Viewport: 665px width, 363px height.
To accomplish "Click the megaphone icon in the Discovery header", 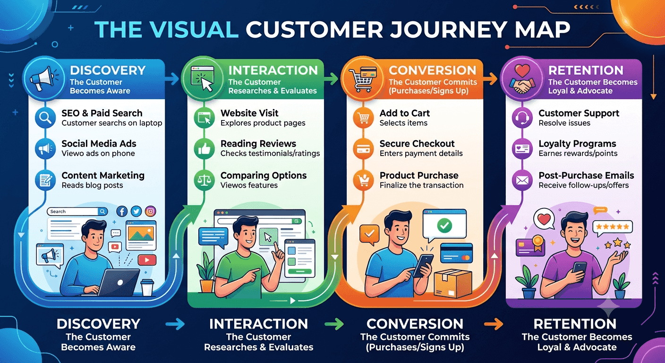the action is [x=43, y=79].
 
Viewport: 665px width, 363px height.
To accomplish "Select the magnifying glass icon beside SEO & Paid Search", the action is [x=45, y=118].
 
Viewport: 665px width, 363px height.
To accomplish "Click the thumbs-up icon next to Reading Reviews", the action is [x=204, y=148].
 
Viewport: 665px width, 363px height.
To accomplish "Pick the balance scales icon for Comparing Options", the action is [x=204, y=180].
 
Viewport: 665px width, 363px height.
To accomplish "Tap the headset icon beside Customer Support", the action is [x=522, y=118].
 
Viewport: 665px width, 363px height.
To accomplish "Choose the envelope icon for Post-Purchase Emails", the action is [x=522, y=180].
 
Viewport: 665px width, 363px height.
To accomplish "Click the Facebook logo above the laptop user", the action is [x=122, y=211].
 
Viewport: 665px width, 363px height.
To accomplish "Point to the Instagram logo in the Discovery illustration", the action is [x=151, y=211].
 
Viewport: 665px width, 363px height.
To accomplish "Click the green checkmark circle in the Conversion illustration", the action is [x=444, y=225].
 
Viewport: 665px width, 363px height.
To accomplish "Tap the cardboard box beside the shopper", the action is [x=453, y=284].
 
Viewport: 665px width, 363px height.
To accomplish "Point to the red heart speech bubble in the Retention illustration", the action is [x=544, y=219].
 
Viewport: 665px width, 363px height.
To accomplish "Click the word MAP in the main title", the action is [x=542, y=30].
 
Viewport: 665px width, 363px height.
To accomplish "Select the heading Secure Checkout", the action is [x=417, y=144].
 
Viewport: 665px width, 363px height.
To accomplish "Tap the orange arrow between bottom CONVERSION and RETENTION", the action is [x=494, y=324].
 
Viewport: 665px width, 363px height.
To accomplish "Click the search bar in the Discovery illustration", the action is [x=77, y=211].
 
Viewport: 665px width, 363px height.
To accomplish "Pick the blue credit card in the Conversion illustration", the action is [x=457, y=253].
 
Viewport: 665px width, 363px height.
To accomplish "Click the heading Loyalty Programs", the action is [x=577, y=144].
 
